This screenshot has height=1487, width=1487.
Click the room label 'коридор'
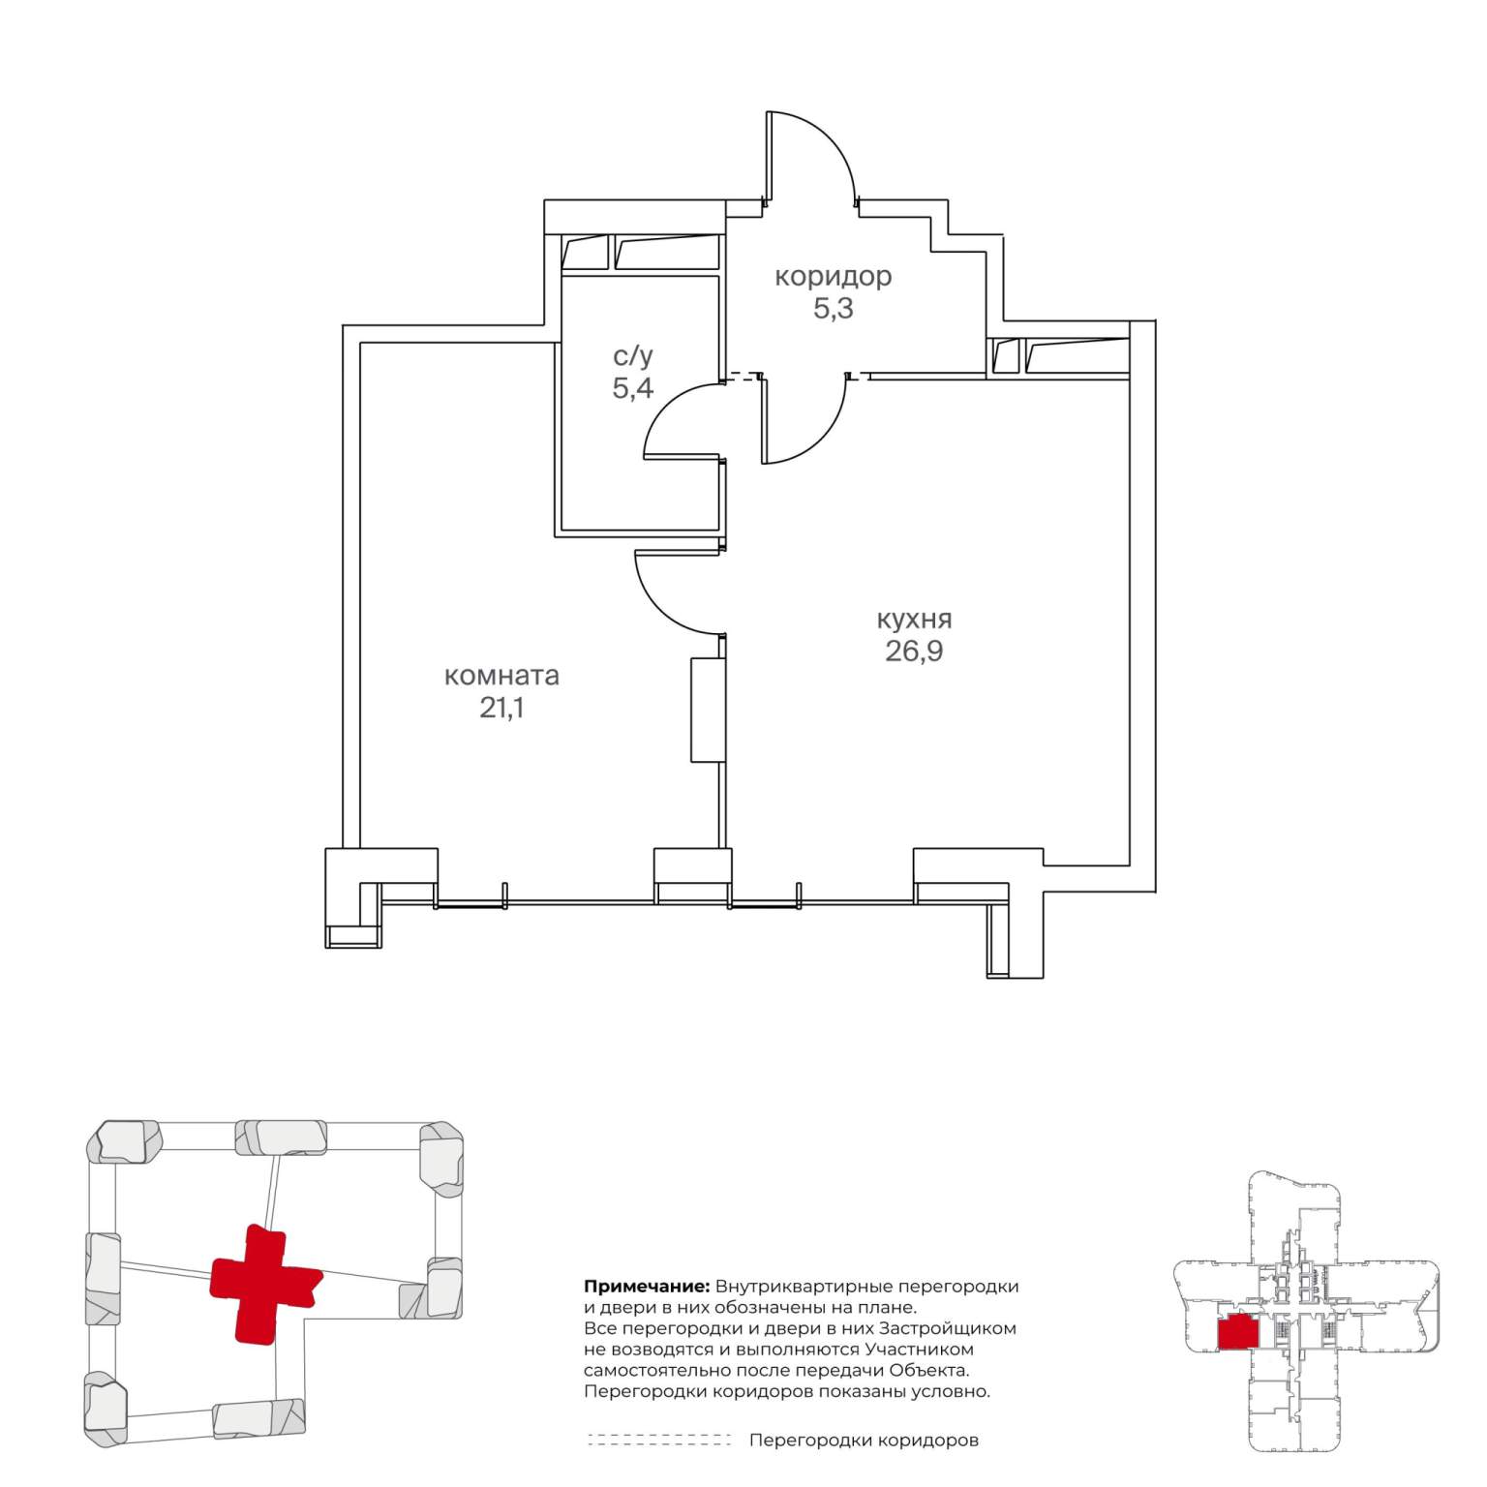(x=833, y=277)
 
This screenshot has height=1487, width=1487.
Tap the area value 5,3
(x=833, y=310)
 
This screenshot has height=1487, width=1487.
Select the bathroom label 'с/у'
(x=633, y=356)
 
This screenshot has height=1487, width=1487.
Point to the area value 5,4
(x=633, y=388)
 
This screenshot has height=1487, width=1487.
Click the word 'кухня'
(x=914, y=619)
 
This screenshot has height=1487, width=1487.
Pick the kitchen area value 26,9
(x=914, y=652)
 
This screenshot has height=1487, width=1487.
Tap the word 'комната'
(x=501, y=676)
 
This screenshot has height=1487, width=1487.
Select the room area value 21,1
(x=501, y=709)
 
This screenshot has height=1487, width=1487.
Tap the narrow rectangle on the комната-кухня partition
(x=708, y=711)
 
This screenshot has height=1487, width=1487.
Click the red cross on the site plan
(x=265, y=1284)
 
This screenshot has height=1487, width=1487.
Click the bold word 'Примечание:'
(x=647, y=1288)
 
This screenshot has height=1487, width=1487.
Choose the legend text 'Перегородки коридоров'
(x=864, y=1441)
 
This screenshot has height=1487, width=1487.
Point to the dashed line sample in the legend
(x=659, y=1440)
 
